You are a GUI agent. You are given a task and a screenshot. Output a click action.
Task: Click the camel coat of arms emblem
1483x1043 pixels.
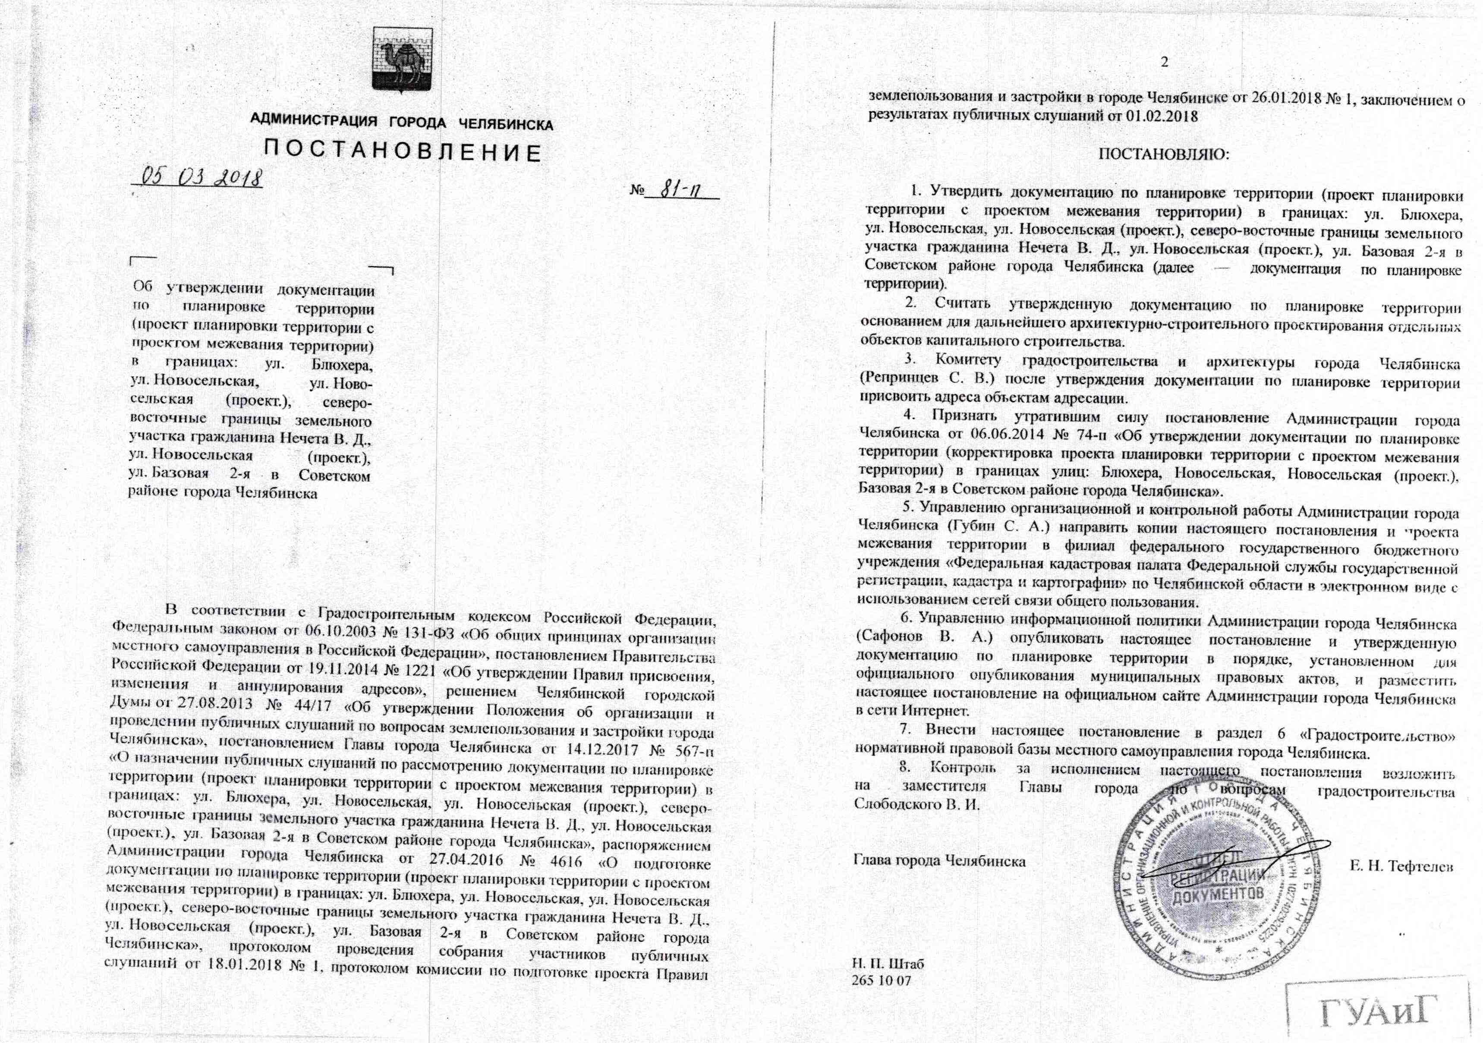pyautogui.click(x=398, y=60)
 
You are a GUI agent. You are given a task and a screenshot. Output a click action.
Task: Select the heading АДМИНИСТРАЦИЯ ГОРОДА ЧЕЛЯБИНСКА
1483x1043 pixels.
pyautogui.click(x=401, y=123)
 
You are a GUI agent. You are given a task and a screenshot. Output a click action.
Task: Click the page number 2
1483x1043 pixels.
pyautogui.click(x=1165, y=63)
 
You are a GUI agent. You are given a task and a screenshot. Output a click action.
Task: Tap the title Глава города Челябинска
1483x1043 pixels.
pyautogui.click(x=940, y=861)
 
